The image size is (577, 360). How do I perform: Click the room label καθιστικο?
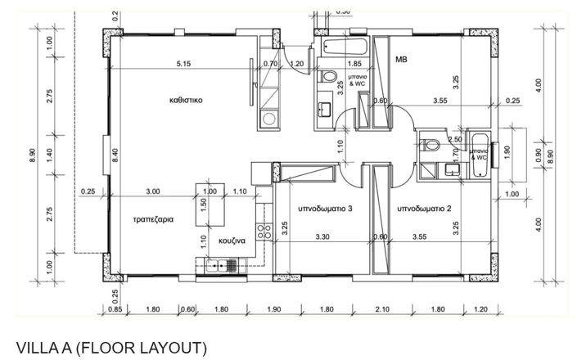(186, 100)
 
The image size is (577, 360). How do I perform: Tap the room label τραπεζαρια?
(153, 219)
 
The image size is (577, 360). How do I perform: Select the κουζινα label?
(232, 241)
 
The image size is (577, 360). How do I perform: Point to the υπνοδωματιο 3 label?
(325, 209)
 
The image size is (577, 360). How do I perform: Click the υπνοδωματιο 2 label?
(424, 209)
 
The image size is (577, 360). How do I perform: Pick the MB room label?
(402, 59)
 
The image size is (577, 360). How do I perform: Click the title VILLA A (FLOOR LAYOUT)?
(111, 348)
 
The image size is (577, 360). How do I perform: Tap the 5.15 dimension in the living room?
(183, 64)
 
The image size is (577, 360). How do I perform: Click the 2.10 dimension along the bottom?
(382, 309)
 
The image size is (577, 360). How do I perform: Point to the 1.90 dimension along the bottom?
(274, 309)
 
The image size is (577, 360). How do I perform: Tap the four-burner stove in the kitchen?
(264, 232)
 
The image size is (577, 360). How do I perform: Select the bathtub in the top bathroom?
(345, 47)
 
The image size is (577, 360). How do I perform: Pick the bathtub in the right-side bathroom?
(480, 155)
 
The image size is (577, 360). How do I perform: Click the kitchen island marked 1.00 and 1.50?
(210, 205)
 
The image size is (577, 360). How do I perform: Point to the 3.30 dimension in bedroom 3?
(322, 236)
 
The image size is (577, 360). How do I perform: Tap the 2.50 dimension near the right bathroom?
(455, 140)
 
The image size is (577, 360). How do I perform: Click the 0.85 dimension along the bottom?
(115, 309)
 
